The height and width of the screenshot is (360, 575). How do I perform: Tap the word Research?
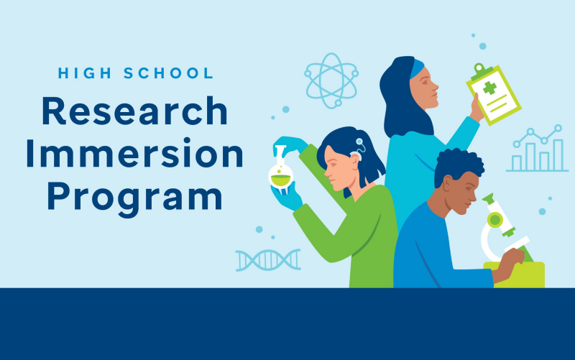pyautogui.click(x=134, y=112)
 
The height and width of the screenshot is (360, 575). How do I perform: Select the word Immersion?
pyautogui.click(x=134, y=152)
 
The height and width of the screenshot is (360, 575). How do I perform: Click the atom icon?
pyautogui.click(x=331, y=80)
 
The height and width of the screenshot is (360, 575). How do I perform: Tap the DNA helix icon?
pyautogui.click(x=267, y=259)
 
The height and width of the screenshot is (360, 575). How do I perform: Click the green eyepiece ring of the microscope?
pyautogui.click(x=494, y=219)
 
